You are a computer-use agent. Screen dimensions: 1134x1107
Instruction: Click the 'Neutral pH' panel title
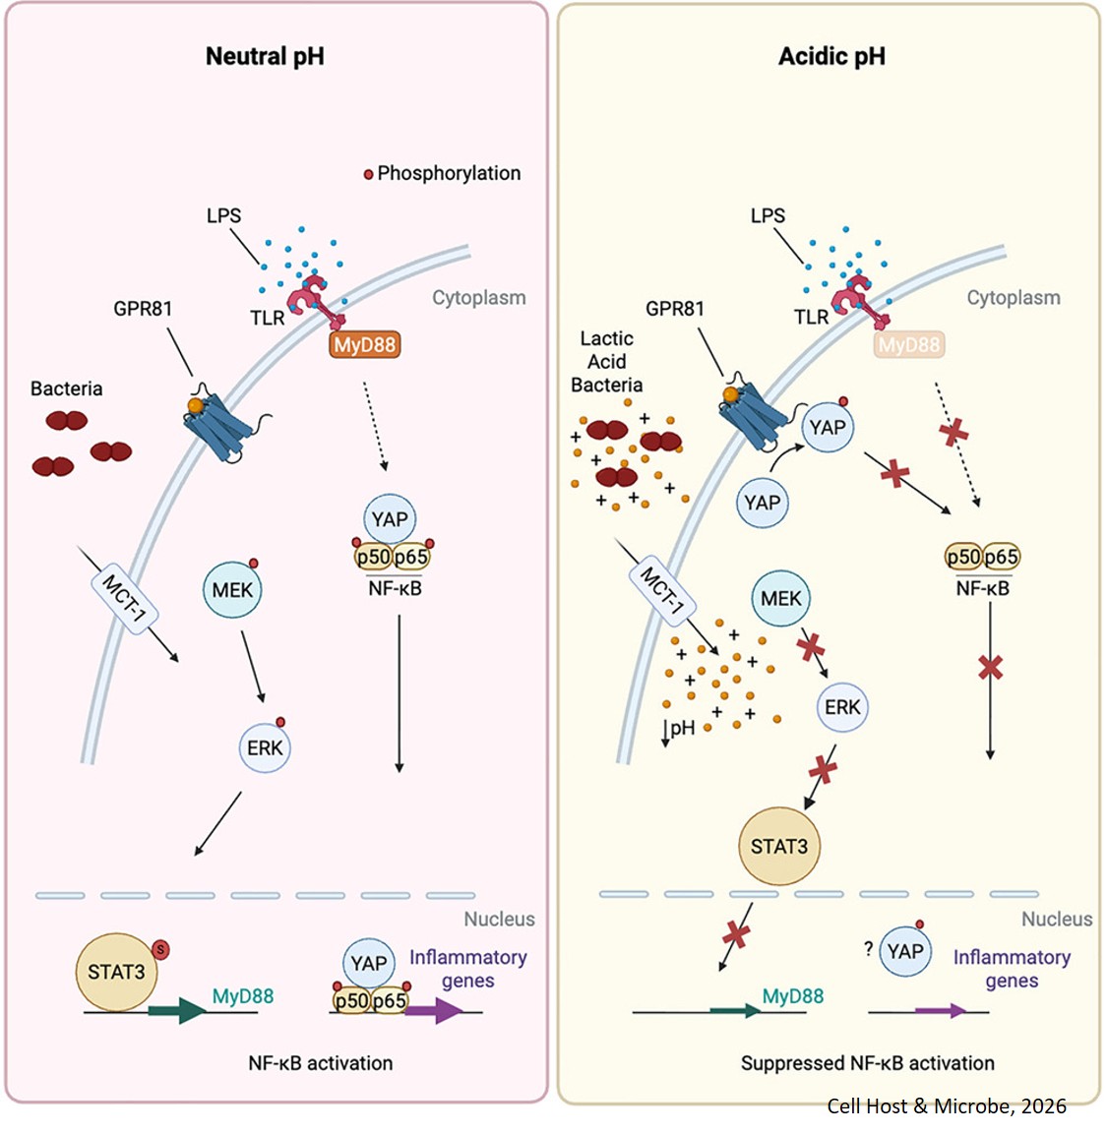point(265,57)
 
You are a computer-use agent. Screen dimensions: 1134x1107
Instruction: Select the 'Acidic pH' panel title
point(831,57)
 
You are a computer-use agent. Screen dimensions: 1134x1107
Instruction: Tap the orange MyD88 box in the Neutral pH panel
point(365,345)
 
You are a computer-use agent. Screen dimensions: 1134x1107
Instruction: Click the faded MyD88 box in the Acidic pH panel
point(909,345)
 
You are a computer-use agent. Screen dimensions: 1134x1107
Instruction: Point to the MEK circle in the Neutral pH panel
point(233,590)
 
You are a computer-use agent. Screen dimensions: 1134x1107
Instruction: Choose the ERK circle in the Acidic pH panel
point(842,707)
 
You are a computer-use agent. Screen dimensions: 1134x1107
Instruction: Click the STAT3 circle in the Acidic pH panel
point(778,846)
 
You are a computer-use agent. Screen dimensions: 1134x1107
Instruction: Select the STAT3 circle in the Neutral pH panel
point(116,972)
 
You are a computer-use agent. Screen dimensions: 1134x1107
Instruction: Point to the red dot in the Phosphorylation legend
point(369,174)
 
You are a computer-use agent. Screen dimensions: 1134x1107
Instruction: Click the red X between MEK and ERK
point(810,647)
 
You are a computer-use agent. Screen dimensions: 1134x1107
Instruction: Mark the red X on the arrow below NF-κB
point(990,668)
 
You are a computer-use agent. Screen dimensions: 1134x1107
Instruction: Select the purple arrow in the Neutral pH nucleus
point(434,1011)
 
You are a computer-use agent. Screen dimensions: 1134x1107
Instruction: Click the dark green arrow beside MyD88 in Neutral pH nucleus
point(178,1011)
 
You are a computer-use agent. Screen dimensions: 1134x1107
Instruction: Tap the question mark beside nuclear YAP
point(868,949)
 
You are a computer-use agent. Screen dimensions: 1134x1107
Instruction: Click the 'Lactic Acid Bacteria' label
point(606,362)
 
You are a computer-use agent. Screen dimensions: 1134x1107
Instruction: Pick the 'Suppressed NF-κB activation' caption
point(867,1063)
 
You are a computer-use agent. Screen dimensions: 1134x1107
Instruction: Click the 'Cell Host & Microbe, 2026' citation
point(946,1106)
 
